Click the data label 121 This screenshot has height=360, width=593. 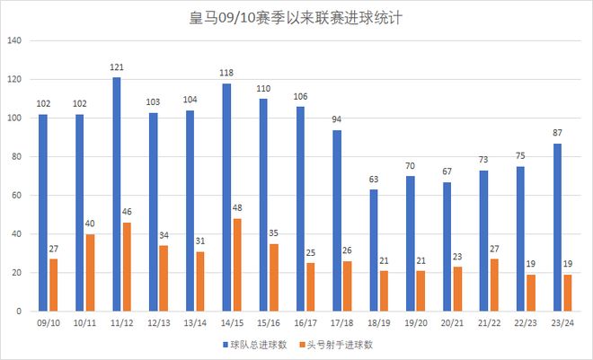point(117,68)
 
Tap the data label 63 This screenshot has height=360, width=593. point(374,180)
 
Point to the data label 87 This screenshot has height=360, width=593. point(558,134)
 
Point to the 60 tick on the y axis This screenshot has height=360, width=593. point(16,196)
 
